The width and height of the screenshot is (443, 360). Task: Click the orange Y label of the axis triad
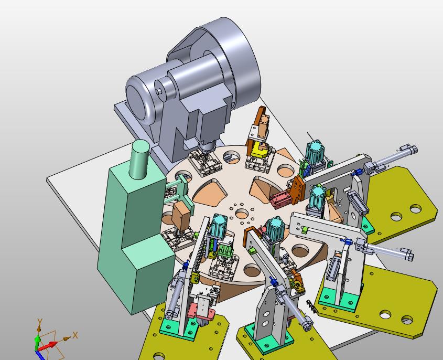coord(39,322)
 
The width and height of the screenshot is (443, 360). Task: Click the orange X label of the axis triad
coord(75,335)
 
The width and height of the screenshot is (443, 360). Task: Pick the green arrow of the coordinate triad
coord(37,341)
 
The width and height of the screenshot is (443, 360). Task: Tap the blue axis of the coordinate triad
coord(39,355)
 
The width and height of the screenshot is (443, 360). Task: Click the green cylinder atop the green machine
coord(139,159)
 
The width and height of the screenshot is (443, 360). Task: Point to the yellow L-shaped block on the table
coord(260,151)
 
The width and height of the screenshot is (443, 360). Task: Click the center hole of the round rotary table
coord(242,214)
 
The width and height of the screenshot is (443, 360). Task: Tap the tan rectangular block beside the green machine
coord(181,216)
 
